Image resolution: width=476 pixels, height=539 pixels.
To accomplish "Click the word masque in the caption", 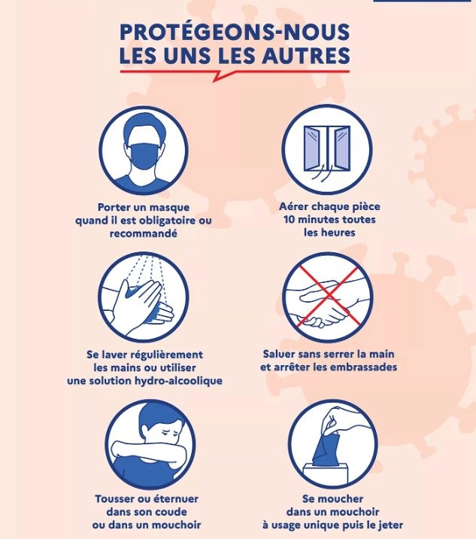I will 170,207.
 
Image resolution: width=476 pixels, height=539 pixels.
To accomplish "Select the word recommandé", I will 143,233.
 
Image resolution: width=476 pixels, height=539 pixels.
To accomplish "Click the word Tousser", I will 116,498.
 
